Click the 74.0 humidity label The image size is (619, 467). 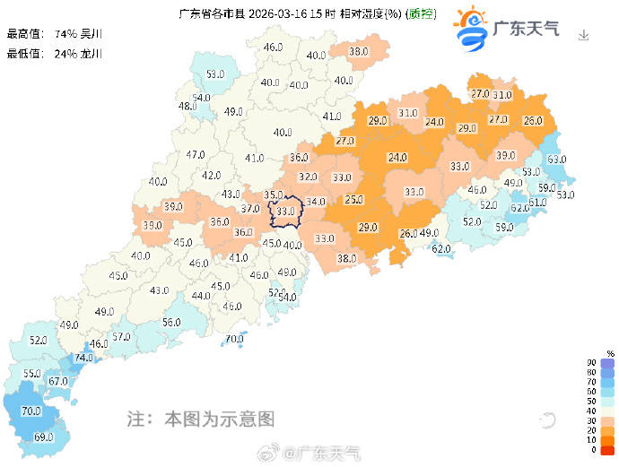coord(83,357)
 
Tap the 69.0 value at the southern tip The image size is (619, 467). coord(42,437)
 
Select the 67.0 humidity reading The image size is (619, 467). coord(58,381)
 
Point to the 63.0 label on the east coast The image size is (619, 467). coord(557,160)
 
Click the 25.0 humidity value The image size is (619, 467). coord(354,200)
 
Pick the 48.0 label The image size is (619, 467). coord(187,107)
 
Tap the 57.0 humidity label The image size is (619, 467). coord(121,337)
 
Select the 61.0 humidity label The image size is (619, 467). coord(536,203)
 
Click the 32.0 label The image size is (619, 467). coord(308,177)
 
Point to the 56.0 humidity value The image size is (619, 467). coord(171,323)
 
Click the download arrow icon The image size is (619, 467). coord(584,35)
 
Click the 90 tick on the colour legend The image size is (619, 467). coord(590,362)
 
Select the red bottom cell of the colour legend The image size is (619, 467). coord(607,450)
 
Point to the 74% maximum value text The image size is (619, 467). coord(65,33)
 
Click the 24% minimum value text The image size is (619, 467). coord(65,53)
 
